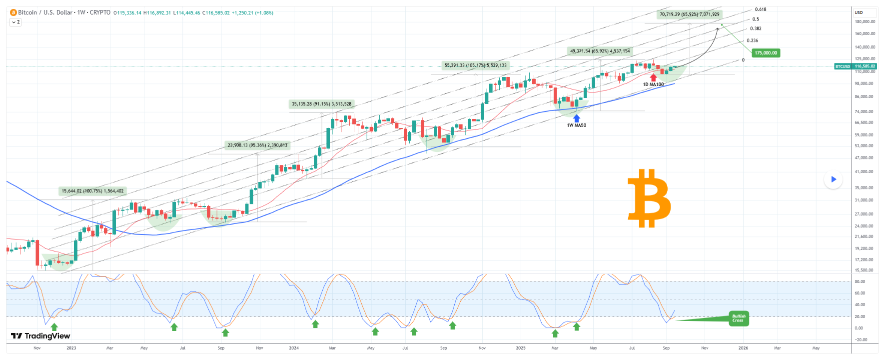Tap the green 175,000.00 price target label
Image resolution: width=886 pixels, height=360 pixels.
click(766, 53)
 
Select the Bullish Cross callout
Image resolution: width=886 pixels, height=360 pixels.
click(738, 318)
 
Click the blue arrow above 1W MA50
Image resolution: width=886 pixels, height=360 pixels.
click(576, 118)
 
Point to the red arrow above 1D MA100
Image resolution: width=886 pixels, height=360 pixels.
click(653, 77)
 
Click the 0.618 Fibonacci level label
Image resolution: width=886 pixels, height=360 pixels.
click(760, 9)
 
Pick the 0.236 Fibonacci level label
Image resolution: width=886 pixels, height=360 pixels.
click(752, 40)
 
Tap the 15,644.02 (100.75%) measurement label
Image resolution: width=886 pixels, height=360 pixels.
click(92, 191)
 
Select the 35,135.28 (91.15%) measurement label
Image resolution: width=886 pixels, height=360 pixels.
click(321, 104)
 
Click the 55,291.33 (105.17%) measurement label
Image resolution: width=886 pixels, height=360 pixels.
click(475, 65)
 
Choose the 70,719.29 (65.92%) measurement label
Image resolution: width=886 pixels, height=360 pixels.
click(689, 14)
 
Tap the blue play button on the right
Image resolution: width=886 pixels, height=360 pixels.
click(833, 179)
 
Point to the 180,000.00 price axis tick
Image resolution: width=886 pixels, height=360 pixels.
click(865, 21)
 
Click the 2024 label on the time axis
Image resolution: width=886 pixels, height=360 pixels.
click(294, 348)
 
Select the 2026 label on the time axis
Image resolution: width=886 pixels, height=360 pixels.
click(743, 348)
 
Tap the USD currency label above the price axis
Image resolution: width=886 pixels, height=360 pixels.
click(859, 12)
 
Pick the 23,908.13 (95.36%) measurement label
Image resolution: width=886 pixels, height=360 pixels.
click(257, 145)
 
